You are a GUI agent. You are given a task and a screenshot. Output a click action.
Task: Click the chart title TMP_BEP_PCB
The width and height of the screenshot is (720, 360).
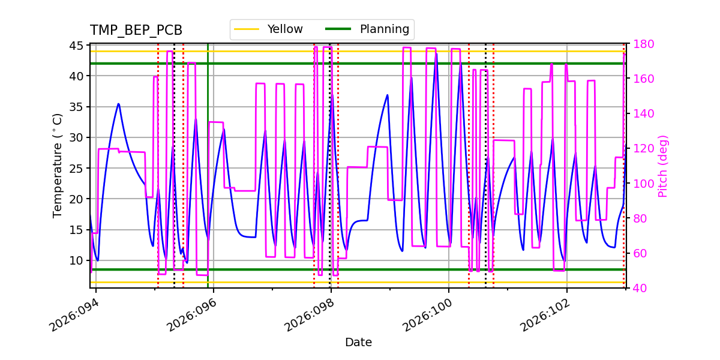[136, 31]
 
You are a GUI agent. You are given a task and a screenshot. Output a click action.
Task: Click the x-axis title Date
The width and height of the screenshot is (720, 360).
[358, 343]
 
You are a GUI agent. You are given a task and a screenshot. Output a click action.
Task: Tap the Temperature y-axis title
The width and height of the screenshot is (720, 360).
[58, 166]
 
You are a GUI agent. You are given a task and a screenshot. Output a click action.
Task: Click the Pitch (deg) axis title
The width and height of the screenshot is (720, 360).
[663, 166]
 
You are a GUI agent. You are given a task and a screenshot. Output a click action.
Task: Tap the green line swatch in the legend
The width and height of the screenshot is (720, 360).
[338, 29]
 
